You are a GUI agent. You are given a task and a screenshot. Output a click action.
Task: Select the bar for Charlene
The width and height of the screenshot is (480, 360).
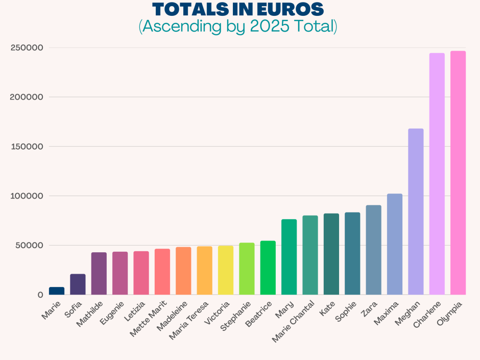pos(437,174)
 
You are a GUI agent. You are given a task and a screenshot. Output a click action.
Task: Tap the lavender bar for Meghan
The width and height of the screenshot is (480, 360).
pos(416,211)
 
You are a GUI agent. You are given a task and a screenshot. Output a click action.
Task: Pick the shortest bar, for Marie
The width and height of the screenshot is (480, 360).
pos(57,291)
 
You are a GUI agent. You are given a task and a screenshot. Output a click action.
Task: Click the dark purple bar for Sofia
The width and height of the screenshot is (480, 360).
pos(78,284)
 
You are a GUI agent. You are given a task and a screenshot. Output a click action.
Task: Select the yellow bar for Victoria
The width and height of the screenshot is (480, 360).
pos(226,270)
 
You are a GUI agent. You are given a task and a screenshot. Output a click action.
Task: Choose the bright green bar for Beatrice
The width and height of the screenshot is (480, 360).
pos(268,268)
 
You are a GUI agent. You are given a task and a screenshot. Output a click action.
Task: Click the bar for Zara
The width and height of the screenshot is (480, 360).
pos(373,250)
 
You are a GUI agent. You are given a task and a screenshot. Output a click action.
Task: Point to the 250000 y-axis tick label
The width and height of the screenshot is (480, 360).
pos(26,48)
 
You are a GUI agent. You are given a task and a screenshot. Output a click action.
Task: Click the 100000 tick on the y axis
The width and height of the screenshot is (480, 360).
pos(26,196)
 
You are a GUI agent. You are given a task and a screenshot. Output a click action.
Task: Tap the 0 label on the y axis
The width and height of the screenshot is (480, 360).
pos(40,295)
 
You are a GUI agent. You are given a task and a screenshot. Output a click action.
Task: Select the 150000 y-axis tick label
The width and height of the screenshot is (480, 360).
pos(26,147)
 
